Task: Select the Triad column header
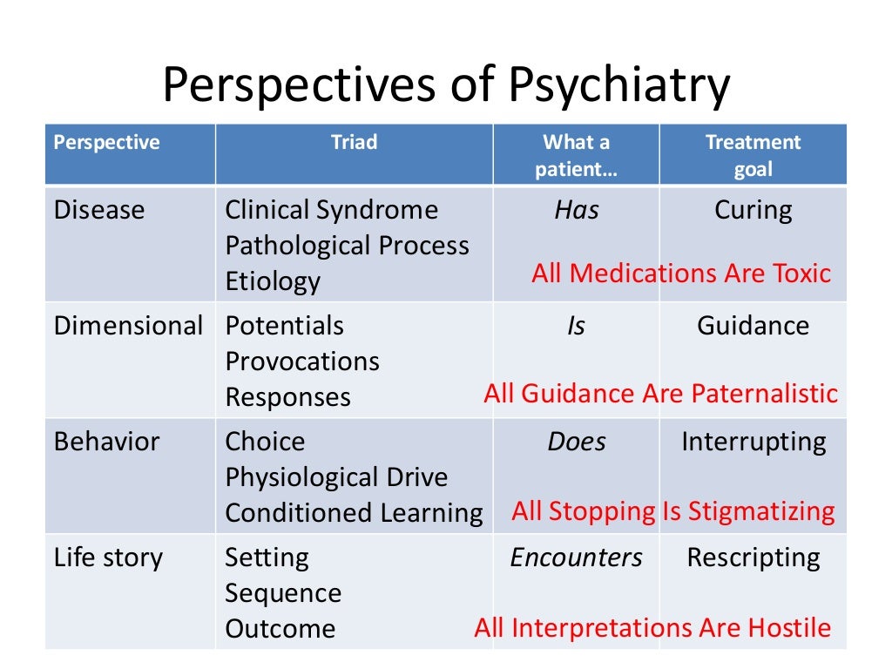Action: (354, 143)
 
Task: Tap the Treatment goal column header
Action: (753, 155)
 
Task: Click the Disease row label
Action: (99, 210)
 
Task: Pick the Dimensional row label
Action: (128, 326)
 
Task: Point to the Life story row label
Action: (108, 557)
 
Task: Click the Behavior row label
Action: (106, 442)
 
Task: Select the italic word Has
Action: (576, 210)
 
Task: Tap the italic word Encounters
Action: (576, 557)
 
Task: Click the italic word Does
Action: (576, 442)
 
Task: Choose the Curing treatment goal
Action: (753, 210)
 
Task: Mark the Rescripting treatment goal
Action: (753, 557)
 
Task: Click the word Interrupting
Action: (753, 442)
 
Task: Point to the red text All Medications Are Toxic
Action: (681, 274)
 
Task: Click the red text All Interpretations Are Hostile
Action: (652, 628)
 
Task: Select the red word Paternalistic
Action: (764, 394)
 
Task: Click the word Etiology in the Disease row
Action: (273, 281)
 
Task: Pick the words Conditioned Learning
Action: (354, 513)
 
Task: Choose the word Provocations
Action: (302, 362)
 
